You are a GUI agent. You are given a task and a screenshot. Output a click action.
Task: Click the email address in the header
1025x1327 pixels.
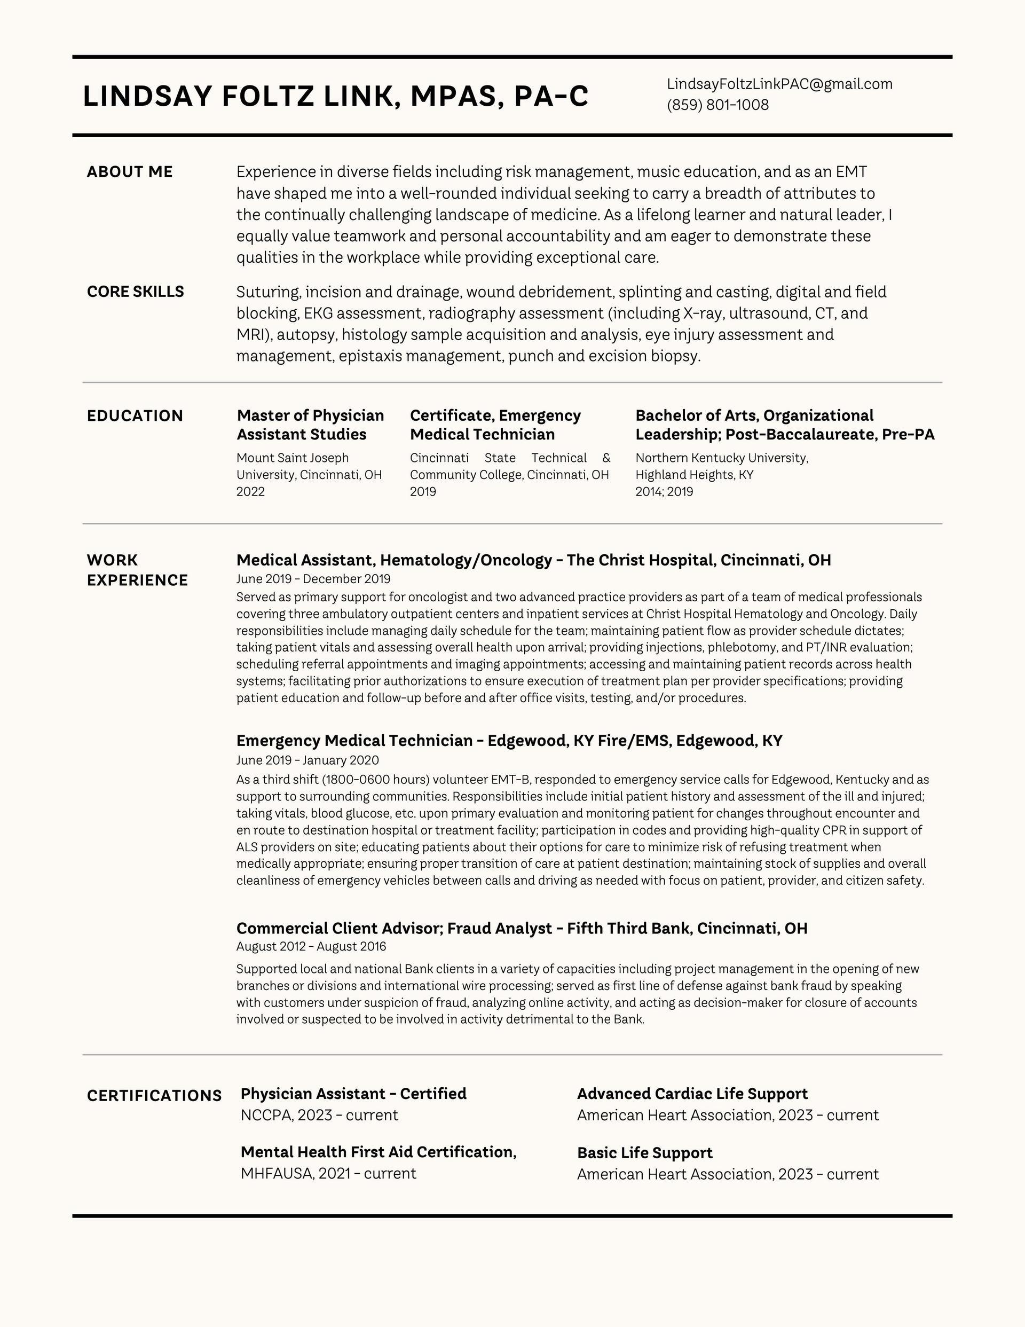point(779,84)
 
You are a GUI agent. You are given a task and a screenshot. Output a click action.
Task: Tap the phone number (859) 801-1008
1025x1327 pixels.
point(717,105)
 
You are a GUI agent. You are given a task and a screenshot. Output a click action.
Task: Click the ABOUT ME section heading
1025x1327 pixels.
point(129,172)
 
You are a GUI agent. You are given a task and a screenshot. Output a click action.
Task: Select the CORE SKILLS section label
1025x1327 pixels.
point(135,292)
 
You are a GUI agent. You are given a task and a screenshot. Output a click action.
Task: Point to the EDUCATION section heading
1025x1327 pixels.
point(135,416)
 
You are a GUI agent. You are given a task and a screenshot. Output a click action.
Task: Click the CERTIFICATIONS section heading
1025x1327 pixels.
point(154,1095)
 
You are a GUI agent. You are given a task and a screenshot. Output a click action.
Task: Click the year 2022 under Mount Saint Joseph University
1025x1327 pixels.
point(250,491)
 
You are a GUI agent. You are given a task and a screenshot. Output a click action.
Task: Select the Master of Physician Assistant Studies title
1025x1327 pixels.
point(310,425)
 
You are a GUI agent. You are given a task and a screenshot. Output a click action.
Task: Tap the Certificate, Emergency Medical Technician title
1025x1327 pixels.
point(495,425)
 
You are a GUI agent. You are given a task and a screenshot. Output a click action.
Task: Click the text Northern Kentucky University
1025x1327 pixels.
point(721,458)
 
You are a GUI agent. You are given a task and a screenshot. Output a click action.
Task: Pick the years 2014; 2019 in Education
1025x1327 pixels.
point(664,491)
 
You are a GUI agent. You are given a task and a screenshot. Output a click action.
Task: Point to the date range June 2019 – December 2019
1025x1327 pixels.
point(313,579)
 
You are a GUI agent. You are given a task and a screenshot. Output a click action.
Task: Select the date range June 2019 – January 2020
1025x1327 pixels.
point(307,760)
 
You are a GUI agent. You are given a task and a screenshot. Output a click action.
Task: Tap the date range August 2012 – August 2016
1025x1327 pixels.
point(311,947)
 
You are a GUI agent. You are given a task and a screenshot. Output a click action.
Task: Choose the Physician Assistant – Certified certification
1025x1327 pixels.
point(353,1094)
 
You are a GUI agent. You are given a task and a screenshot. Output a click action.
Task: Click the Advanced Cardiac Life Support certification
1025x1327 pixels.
point(692,1094)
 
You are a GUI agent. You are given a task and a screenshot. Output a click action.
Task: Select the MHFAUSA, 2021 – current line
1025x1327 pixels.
point(328,1173)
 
